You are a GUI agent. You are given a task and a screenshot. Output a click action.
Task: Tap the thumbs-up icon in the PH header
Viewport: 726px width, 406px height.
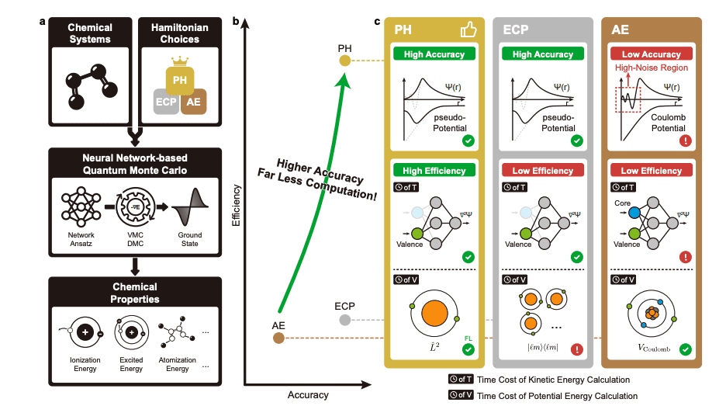point(468,29)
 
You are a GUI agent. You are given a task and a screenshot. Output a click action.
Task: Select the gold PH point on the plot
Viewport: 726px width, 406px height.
point(345,61)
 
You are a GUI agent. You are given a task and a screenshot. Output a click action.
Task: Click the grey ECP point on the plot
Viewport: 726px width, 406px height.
point(345,319)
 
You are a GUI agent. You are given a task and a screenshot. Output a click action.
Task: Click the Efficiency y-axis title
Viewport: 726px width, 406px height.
point(235,205)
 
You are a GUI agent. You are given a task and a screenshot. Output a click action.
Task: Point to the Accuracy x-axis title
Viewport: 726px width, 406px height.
point(308,395)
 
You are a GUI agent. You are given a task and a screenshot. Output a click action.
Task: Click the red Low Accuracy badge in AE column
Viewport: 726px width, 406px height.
point(651,54)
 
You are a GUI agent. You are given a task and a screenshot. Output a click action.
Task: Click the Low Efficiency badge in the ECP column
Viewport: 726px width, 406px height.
point(542,170)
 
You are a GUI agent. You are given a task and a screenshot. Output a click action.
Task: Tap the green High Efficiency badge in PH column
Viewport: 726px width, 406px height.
point(434,170)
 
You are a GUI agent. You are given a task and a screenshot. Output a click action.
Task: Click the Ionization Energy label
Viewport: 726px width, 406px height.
point(81,363)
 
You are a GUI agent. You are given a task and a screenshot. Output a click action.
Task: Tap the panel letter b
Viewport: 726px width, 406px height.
point(236,20)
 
